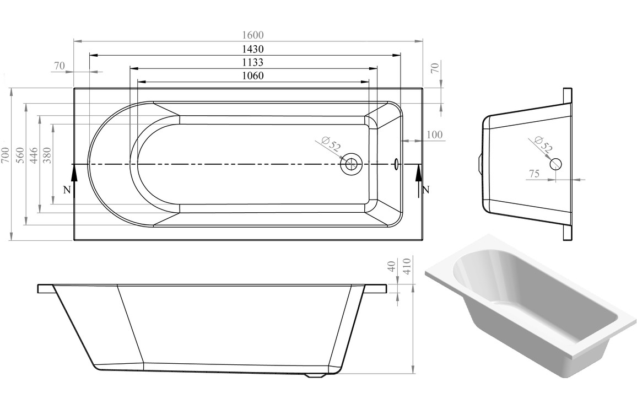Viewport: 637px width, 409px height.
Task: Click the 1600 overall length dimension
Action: coord(248,35)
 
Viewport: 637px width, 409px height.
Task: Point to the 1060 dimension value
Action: coord(251,76)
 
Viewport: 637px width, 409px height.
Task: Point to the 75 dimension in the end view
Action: coord(534,174)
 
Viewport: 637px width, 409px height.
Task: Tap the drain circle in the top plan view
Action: coord(350,164)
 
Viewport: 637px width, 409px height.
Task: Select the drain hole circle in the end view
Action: coord(555,164)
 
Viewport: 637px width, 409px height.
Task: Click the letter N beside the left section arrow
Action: coord(67,190)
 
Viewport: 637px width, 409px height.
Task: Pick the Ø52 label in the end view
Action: coord(543,145)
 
